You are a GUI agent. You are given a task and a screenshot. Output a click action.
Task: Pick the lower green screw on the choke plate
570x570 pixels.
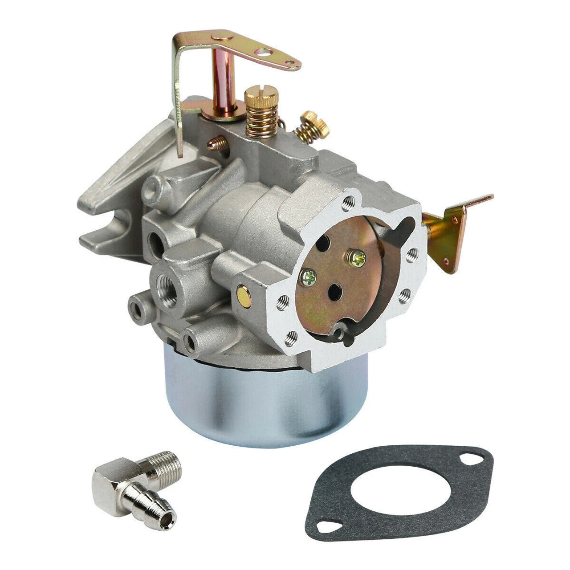tap(308, 278)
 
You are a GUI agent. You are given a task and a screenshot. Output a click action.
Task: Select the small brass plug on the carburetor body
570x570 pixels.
tap(244, 294)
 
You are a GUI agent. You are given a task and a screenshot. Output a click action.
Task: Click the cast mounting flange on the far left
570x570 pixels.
tap(107, 209)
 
